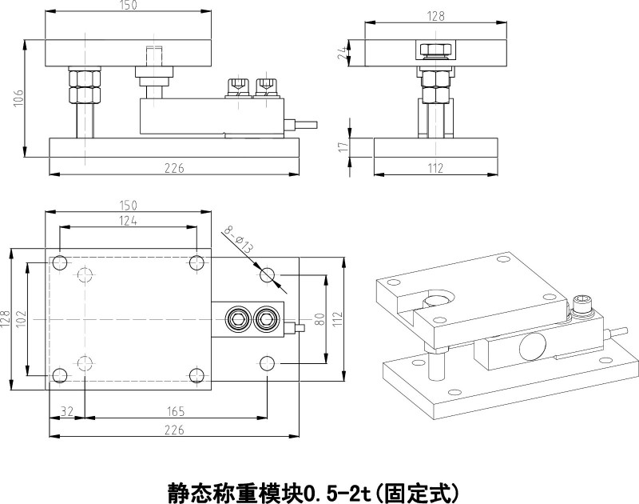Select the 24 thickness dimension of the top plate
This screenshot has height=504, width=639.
click(341, 53)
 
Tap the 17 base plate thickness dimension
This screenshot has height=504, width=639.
click(341, 146)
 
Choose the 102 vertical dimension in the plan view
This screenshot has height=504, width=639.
click(21, 318)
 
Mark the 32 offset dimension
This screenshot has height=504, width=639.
click(67, 412)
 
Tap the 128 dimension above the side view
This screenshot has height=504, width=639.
click(436, 14)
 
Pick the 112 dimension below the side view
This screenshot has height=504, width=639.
click(435, 168)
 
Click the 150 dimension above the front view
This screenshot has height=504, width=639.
click(128, 6)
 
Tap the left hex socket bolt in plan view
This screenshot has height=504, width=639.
click(237, 320)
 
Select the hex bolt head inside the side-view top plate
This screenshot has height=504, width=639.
click(435, 51)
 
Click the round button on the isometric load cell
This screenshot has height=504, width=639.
click(530, 348)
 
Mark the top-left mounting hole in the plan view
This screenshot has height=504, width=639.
click(60, 262)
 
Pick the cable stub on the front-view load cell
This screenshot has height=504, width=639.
click(303, 124)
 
